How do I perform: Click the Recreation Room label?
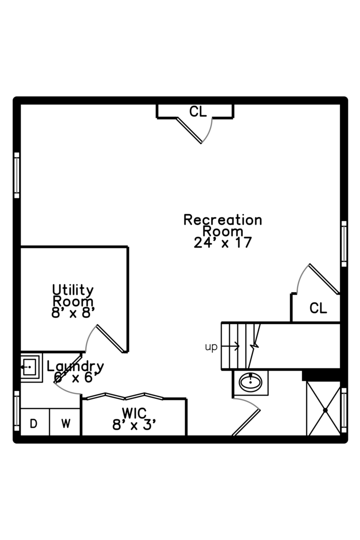(222, 225)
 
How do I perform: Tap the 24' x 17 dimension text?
(222, 243)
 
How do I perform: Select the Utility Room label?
(72, 295)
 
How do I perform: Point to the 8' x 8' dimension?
(72, 313)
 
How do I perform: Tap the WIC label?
(134, 413)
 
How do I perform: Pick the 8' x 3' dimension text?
(134, 425)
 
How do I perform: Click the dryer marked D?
(35, 422)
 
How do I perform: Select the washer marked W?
(65, 422)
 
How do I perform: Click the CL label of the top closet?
(198, 111)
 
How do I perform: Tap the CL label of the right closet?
(318, 308)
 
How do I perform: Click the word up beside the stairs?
(211, 347)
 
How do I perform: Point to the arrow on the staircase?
(230, 346)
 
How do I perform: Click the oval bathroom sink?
(250, 382)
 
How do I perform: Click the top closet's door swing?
(195, 130)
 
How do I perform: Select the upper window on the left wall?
(16, 175)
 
